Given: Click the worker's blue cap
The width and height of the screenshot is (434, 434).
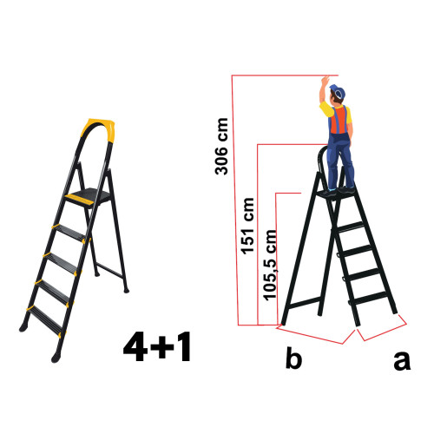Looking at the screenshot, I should pyautogui.click(x=337, y=91).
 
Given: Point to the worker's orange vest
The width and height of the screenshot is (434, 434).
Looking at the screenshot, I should pyautogui.click(x=339, y=121).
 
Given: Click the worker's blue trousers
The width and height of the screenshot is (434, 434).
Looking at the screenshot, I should pyautogui.click(x=340, y=161).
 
